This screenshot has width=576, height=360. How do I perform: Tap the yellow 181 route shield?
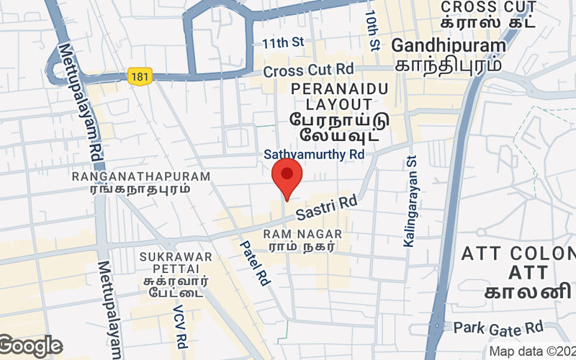pos(140,75)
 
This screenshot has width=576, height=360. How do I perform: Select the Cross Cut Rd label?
pos(308,71)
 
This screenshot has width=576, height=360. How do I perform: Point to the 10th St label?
pos(372,30)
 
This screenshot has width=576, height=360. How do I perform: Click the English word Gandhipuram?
pos(449,45)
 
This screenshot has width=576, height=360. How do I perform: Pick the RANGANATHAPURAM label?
pos(140,176)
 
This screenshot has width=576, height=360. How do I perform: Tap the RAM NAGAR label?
pos(302,235)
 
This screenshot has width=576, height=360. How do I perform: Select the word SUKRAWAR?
pos(176,256)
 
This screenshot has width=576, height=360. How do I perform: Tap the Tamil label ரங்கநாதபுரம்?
pos(140,189)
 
